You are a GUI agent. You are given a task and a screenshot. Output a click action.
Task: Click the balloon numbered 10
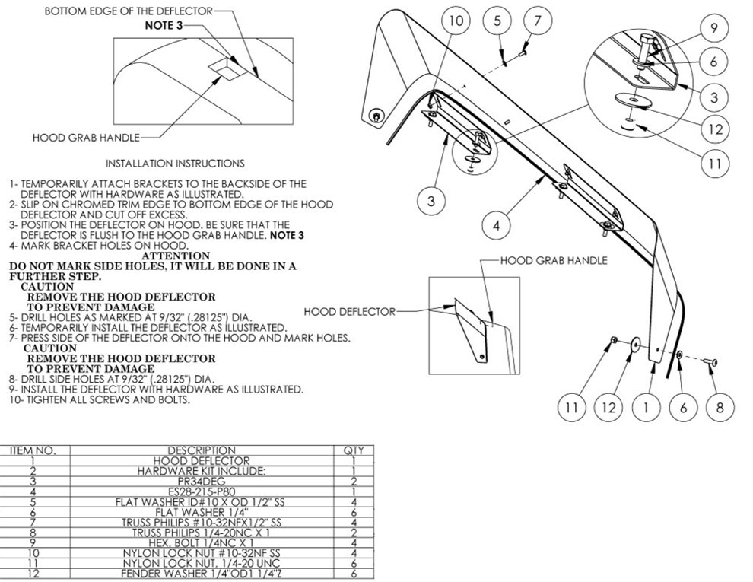(454, 21)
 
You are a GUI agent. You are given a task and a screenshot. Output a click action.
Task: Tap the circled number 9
(713, 28)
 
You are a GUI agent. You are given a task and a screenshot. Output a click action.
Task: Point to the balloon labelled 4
(496, 224)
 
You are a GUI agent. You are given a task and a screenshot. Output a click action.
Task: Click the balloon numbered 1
(647, 407)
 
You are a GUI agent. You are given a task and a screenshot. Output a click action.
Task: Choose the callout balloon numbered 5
(497, 21)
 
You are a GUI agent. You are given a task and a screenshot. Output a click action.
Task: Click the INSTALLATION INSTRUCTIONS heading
(175, 163)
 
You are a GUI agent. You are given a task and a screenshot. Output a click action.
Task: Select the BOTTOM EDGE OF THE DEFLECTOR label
(128, 11)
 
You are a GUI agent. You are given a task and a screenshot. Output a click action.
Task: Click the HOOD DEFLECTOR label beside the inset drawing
(349, 311)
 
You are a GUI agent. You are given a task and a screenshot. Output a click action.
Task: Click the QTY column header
(354, 450)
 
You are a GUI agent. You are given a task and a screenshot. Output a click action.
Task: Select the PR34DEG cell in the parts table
(202, 481)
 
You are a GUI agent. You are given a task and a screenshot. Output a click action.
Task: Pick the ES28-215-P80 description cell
(202, 491)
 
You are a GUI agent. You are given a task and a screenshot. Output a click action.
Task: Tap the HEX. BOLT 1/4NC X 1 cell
(202, 542)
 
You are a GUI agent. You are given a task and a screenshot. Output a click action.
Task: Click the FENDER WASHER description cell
(202, 573)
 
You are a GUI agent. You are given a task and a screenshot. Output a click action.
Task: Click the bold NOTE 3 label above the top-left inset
(164, 25)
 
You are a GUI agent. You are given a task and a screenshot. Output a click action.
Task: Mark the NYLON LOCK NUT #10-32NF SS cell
(202, 552)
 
